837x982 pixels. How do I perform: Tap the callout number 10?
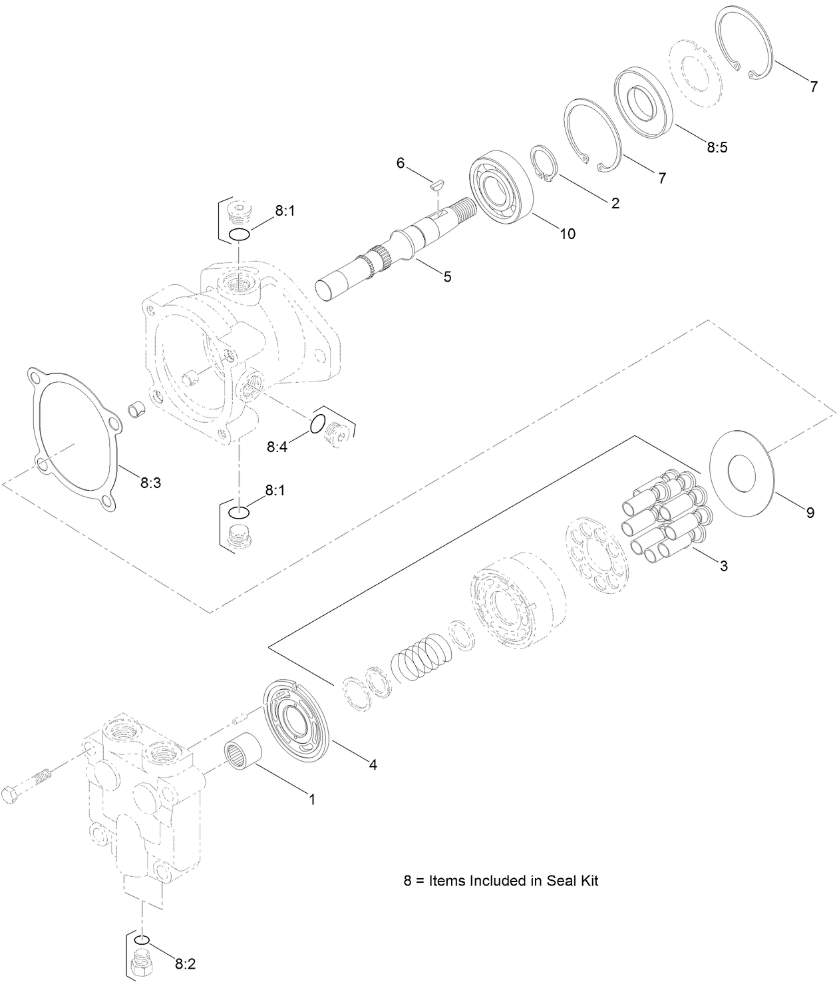(568, 234)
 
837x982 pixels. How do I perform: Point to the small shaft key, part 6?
(436, 185)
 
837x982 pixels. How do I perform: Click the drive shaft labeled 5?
(393, 252)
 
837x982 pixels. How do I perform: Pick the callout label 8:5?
(717, 147)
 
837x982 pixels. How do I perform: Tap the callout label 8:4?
(277, 447)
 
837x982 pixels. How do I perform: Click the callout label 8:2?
(185, 963)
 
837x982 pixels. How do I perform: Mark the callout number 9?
(810, 513)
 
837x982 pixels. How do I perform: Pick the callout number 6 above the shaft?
(401, 163)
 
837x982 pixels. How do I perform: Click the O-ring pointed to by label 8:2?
(142, 940)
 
